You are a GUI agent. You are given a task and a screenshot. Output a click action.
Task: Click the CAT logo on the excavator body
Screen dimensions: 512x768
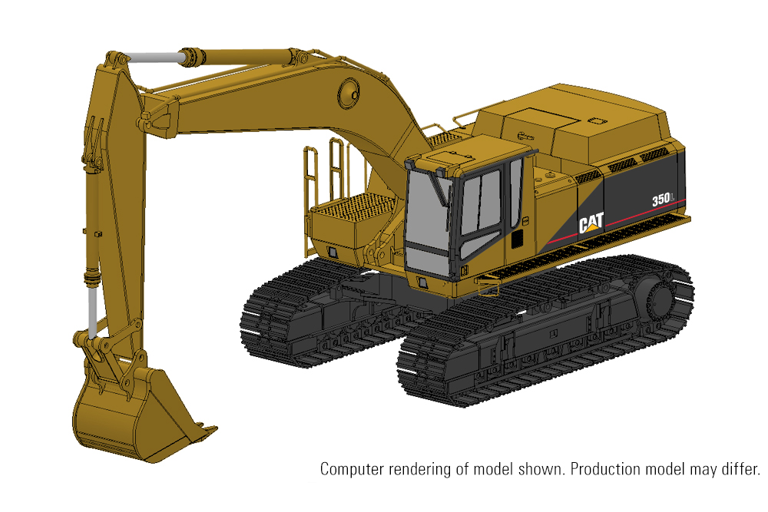591,223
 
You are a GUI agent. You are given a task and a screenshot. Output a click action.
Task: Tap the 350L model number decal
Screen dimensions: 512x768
663,200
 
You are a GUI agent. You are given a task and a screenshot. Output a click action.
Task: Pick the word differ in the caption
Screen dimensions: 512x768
742,468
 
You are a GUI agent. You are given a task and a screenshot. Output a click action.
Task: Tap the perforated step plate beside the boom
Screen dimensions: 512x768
353,207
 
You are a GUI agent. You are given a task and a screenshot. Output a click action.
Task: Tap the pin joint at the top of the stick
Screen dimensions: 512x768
114,60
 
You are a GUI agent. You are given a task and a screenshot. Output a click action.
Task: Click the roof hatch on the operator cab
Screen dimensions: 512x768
438,158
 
